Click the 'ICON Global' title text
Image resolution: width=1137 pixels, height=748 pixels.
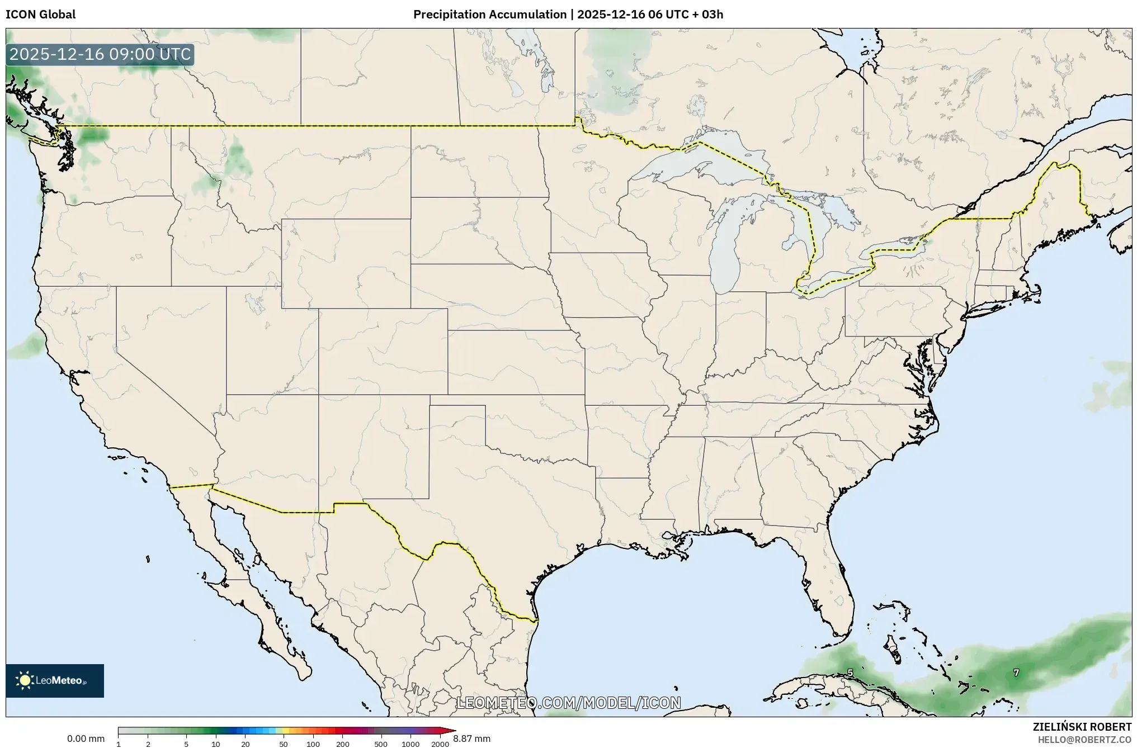40,15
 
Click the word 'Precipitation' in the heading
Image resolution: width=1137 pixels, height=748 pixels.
450,15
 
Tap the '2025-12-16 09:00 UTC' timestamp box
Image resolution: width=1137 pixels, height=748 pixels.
100,55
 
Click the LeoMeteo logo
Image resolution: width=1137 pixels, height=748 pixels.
55,680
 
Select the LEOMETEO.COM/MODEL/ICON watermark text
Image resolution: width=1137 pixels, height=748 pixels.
568,703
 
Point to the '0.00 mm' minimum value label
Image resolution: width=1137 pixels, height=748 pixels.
86,738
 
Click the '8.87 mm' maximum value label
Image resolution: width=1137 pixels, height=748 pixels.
471,738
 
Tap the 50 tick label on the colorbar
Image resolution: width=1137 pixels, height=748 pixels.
284,744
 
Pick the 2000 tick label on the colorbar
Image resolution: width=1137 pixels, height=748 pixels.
440,744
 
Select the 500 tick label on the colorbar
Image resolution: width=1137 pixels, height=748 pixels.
381,744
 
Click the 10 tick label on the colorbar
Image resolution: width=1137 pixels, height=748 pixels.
216,744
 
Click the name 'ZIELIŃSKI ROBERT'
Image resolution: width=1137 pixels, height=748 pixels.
1082,727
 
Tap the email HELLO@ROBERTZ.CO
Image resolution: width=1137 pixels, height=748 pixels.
1084,740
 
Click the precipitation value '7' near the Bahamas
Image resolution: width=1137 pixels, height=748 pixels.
1016,673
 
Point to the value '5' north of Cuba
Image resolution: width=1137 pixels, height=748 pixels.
850,673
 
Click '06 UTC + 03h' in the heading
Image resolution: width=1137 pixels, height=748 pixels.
685,15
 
